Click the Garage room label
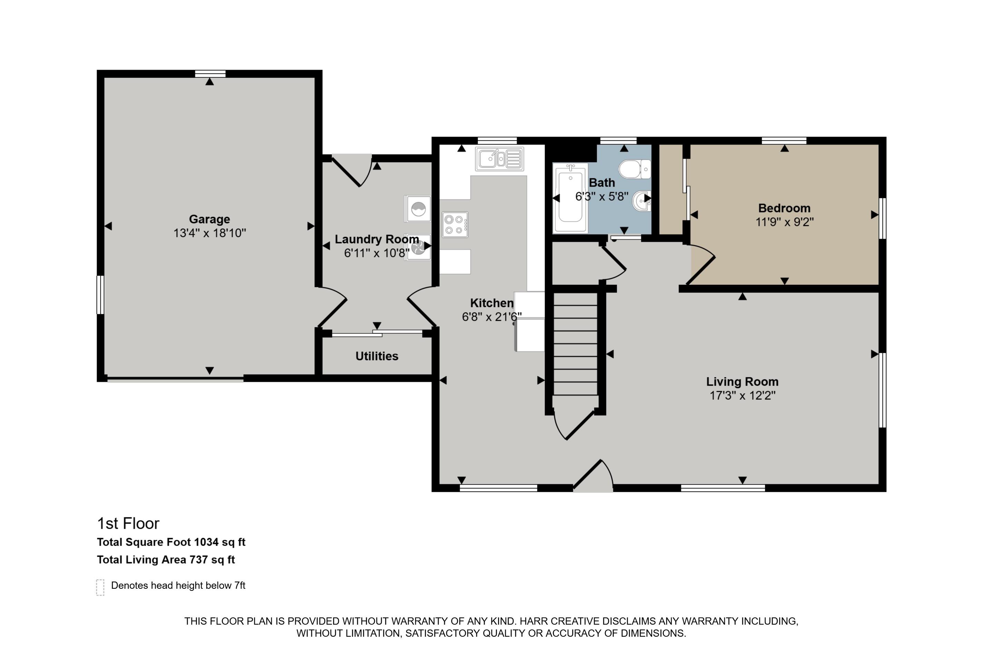tap(210, 219)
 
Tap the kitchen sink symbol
tap(499, 159)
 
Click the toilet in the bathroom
tap(634, 169)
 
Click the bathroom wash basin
tap(642, 201)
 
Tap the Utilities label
tap(377, 356)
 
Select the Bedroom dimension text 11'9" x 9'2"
tap(784, 222)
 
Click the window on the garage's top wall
tap(210, 74)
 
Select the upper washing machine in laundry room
tap(418, 208)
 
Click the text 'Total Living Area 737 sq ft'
tap(166, 559)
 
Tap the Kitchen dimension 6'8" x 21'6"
tap(491, 317)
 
